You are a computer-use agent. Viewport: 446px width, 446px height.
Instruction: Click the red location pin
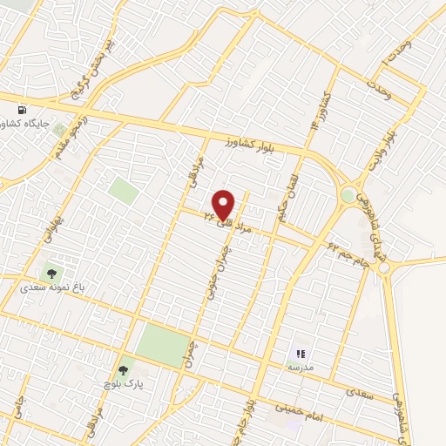(224, 205)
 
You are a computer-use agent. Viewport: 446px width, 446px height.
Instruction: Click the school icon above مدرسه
(301, 353)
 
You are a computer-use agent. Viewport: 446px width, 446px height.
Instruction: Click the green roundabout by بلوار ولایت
(350, 196)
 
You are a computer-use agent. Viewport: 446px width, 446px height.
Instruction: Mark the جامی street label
(17, 405)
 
